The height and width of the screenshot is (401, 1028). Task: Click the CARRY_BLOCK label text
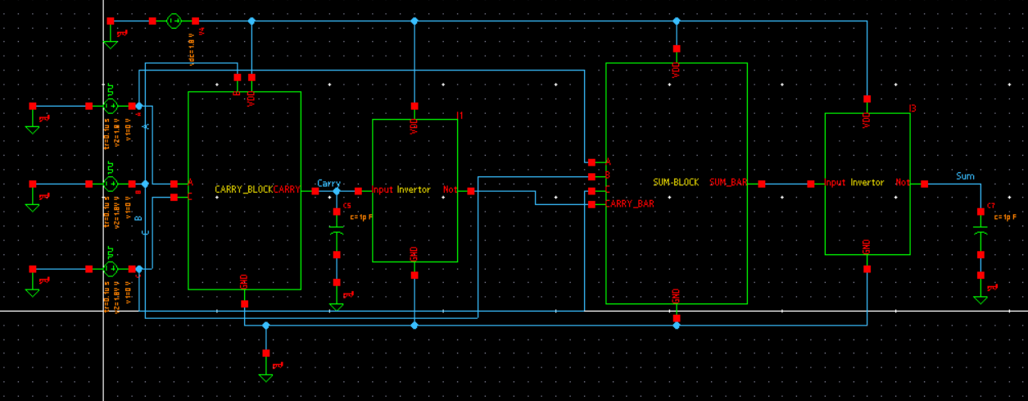click(243, 189)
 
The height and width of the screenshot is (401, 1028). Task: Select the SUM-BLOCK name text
click(676, 183)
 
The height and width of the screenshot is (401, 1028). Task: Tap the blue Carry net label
click(328, 184)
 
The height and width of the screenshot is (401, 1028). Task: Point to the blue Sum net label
click(965, 176)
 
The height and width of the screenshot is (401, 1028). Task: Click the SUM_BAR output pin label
click(727, 183)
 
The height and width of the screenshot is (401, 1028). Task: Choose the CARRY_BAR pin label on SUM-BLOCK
click(629, 203)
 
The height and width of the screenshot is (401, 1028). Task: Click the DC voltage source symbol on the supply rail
click(174, 21)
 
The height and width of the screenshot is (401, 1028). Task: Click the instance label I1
click(460, 116)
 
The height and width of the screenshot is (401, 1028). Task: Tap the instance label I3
click(913, 109)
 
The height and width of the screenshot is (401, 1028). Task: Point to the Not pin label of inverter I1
click(450, 190)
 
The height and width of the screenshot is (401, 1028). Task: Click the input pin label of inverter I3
click(836, 183)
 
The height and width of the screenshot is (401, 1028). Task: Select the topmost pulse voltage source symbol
click(111, 106)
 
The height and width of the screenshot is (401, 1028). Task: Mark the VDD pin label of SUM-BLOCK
click(676, 71)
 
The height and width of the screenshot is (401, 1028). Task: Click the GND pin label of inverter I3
click(867, 246)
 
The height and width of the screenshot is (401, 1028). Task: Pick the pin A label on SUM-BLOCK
click(608, 162)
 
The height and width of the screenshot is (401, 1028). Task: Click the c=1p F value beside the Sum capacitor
click(1003, 217)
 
